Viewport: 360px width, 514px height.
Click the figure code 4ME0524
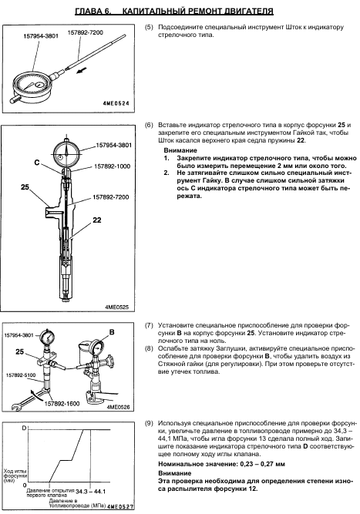point(116,103)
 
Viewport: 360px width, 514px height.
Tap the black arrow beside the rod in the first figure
point(82,70)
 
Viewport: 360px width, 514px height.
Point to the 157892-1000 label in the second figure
point(112,166)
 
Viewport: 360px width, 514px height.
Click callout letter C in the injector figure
point(37,163)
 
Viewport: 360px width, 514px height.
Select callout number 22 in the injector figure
point(97,220)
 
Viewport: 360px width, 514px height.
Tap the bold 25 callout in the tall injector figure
point(25,187)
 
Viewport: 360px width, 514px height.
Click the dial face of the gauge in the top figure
point(32,85)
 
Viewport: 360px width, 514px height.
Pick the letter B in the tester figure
point(112,332)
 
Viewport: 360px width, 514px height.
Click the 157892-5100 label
point(21,375)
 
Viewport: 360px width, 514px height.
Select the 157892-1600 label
point(62,404)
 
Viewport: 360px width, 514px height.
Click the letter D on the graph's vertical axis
point(24,428)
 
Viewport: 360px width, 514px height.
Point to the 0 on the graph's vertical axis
point(24,485)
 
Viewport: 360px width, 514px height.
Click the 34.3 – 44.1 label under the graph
point(90,492)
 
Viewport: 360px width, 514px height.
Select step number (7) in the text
point(149,325)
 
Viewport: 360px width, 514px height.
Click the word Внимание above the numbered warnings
point(180,150)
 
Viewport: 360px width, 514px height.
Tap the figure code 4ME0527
point(120,507)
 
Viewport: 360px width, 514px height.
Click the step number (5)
point(149,27)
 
